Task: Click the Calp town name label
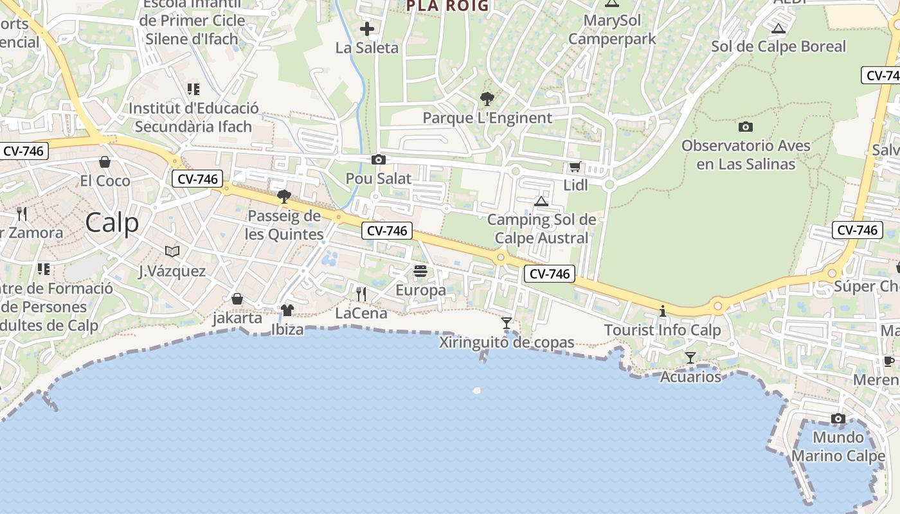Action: [x=112, y=223]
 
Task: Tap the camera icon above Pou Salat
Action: [x=379, y=159]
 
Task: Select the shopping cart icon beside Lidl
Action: [x=575, y=167]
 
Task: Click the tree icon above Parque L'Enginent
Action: [x=487, y=99]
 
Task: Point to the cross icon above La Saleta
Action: [x=367, y=29]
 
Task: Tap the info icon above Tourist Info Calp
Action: [x=663, y=312]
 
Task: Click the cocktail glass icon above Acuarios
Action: [x=690, y=357]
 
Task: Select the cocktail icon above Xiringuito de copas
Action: [x=507, y=323]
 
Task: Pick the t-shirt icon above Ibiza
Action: [x=287, y=310]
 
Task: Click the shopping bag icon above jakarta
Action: [x=237, y=299]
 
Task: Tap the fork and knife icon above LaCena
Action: [x=361, y=294]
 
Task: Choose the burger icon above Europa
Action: [x=420, y=271]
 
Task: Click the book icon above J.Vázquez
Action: [x=172, y=251]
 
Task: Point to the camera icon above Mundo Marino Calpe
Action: [x=838, y=419]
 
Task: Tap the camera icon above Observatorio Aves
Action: [x=746, y=127]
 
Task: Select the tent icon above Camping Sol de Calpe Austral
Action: [x=541, y=201]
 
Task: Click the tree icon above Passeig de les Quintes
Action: [x=283, y=197]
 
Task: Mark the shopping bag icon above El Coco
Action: [x=105, y=162]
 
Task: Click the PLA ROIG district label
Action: [x=447, y=6]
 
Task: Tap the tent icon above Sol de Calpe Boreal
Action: [x=779, y=28]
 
